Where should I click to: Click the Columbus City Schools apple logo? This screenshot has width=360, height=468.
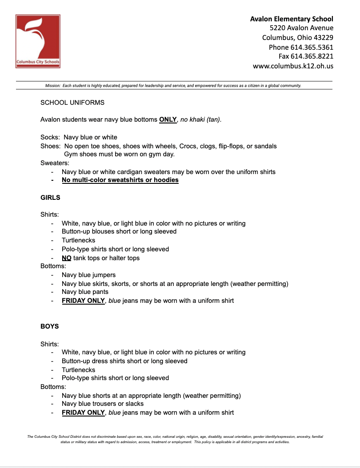[x=38, y=41]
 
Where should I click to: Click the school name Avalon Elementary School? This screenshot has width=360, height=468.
[x=292, y=19]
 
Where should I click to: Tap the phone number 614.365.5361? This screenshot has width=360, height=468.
[x=312, y=47]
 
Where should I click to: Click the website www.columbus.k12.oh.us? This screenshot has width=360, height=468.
[x=293, y=66]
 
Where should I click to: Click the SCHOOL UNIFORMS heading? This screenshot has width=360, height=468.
[x=72, y=103]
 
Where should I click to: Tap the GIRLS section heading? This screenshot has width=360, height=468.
[x=50, y=197]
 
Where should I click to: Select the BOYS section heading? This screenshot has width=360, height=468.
[x=50, y=326]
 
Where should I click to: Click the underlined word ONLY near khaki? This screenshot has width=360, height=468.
[x=168, y=119]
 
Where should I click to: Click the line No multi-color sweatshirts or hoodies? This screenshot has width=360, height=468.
[x=120, y=180]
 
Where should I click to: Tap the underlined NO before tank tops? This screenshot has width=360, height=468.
[x=67, y=258]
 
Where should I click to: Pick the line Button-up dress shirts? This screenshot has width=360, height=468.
[x=124, y=361]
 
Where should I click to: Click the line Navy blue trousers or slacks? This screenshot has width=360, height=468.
[x=103, y=404]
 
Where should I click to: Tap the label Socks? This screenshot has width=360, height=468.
[x=50, y=137]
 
